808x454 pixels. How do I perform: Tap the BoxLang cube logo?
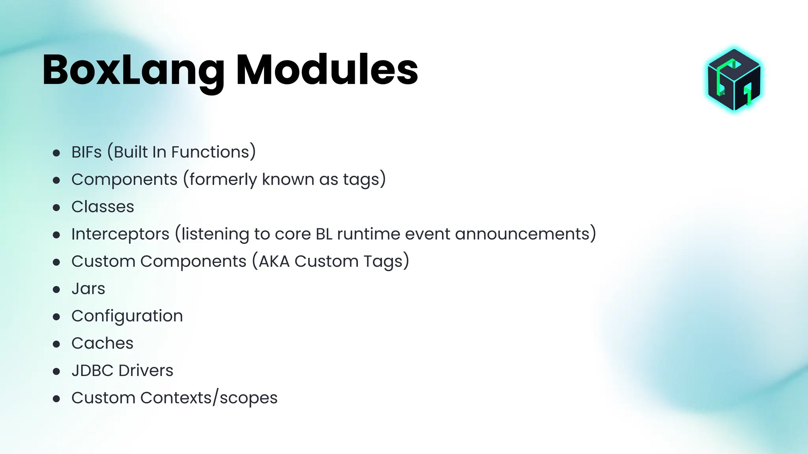734,80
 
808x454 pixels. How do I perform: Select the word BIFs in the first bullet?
86,152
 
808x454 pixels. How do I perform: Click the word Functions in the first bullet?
213,152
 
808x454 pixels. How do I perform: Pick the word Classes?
103,207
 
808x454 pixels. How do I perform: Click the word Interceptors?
120,234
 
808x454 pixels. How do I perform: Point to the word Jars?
88,289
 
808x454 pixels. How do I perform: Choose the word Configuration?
127,316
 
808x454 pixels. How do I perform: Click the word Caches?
102,343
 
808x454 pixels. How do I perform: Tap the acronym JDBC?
92,370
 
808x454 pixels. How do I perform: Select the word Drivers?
146,370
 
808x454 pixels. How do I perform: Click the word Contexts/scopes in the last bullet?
209,398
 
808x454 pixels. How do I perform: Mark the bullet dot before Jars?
56,290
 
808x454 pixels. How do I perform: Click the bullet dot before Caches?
56,344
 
